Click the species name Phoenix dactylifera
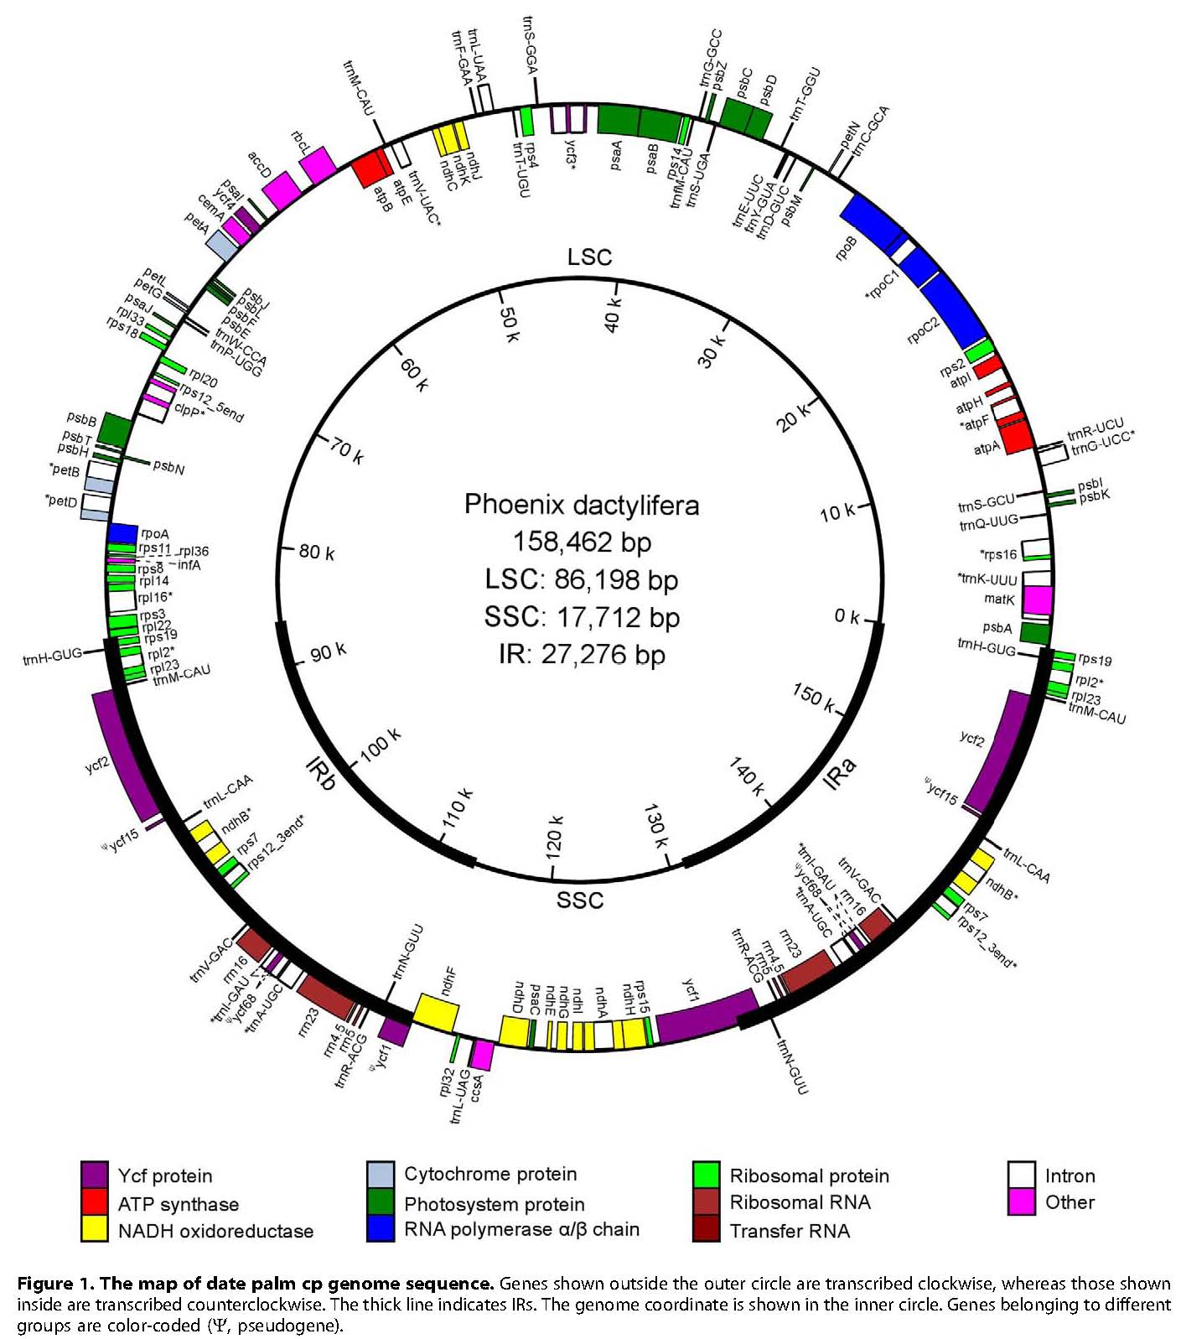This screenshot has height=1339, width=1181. [x=581, y=505]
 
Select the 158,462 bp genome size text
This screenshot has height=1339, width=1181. [x=582, y=542]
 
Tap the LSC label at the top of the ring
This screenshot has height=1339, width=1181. [x=589, y=257]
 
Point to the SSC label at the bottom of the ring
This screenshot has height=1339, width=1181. [x=579, y=900]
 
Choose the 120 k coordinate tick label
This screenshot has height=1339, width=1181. [x=554, y=835]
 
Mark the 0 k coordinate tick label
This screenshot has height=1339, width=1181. [x=847, y=617]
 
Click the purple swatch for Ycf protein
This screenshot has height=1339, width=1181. [x=94, y=1175]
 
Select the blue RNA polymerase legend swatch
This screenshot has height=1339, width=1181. [x=381, y=1229]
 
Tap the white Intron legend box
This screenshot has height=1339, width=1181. [x=1021, y=1175]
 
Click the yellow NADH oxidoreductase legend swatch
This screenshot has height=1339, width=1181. [x=94, y=1230]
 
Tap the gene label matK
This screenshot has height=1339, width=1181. [x=999, y=599]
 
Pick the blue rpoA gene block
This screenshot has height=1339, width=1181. [x=123, y=533]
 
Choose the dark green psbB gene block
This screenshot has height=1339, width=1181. [x=115, y=430]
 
